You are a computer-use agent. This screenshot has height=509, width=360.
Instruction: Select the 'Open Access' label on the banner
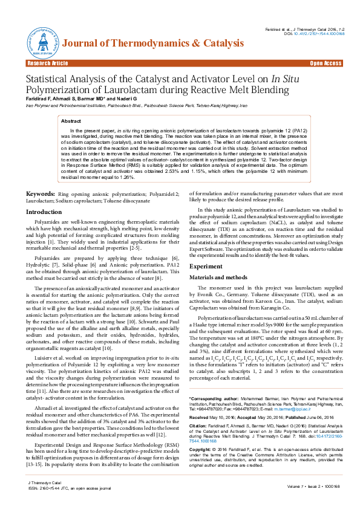[x=326, y=63]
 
